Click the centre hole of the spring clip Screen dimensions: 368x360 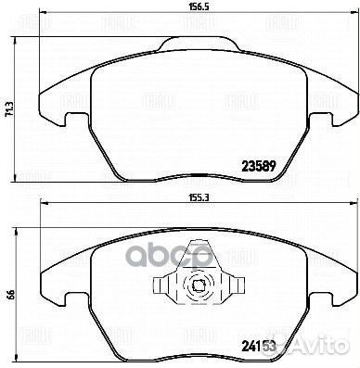click(196, 286)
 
